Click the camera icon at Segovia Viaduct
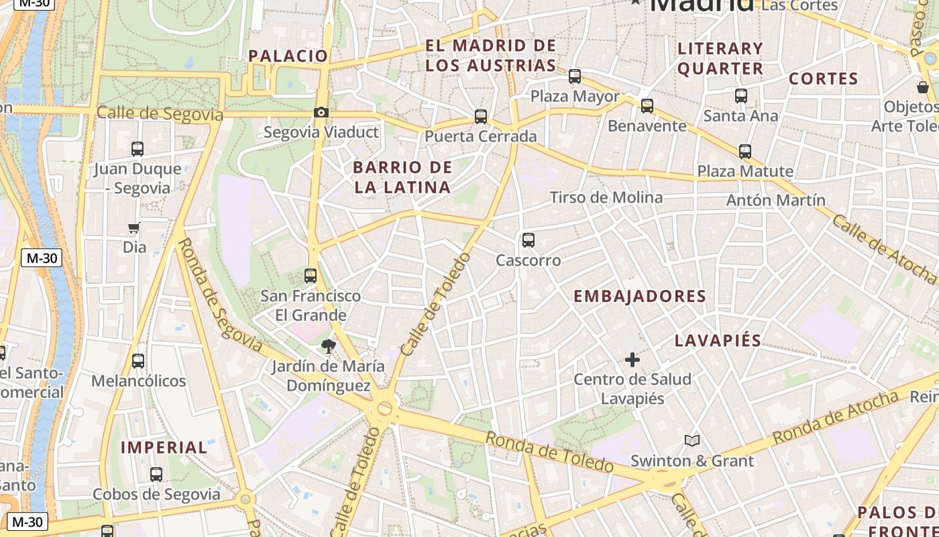click(x=321, y=112)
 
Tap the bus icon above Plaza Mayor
click(x=575, y=77)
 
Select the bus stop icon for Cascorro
click(x=529, y=240)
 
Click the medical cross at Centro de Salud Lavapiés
click(x=632, y=360)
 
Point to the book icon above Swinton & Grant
click(x=692, y=441)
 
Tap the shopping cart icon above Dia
click(x=134, y=228)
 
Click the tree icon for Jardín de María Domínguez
click(x=328, y=346)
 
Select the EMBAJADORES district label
click(x=640, y=296)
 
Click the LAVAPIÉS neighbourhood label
click(x=718, y=340)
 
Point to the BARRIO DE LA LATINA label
click(x=402, y=177)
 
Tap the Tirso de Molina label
click(x=606, y=197)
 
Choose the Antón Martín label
click(x=775, y=200)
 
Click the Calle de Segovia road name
click(x=160, y=113)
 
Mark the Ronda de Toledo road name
click(x=549, y=452)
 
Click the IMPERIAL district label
click(x=164, y=447)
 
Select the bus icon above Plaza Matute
click(x=744, y=152)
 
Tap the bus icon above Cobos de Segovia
click(x=156, y=475)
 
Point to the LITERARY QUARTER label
click(x=720, y=58)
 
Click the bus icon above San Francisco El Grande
click(x=310, y=276)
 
